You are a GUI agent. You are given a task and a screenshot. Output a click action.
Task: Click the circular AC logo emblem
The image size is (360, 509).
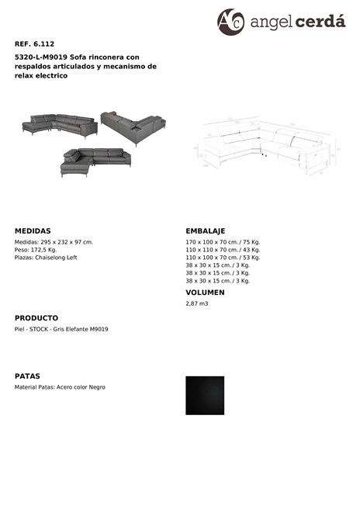[x=230, y=22]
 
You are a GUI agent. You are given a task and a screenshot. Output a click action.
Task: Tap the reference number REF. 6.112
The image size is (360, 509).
[x=34, y=44]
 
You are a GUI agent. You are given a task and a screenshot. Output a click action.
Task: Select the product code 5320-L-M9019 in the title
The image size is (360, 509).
[x=41, y=57]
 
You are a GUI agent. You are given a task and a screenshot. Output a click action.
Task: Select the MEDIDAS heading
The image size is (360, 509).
[x=33, y=231]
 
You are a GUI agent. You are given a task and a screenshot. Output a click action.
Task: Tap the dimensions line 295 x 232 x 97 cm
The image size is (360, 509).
[x=54, y=242]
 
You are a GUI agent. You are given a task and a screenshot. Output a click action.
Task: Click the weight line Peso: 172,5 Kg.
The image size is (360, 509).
[x=36, y=250]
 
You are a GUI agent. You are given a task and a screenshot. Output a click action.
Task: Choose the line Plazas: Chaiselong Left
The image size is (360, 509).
[x=46, y=258]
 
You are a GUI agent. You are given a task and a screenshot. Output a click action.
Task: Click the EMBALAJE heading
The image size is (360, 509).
[x=205, y=231]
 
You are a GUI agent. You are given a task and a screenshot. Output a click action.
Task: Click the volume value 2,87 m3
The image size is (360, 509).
[x=197, y=303]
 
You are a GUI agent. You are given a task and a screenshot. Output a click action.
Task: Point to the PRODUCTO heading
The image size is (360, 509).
[x=36, y=318]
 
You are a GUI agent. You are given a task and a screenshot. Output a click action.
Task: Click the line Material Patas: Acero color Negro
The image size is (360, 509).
[x=60, y=387]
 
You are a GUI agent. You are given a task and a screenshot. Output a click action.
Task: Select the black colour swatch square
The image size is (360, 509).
[x=205, y=396]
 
